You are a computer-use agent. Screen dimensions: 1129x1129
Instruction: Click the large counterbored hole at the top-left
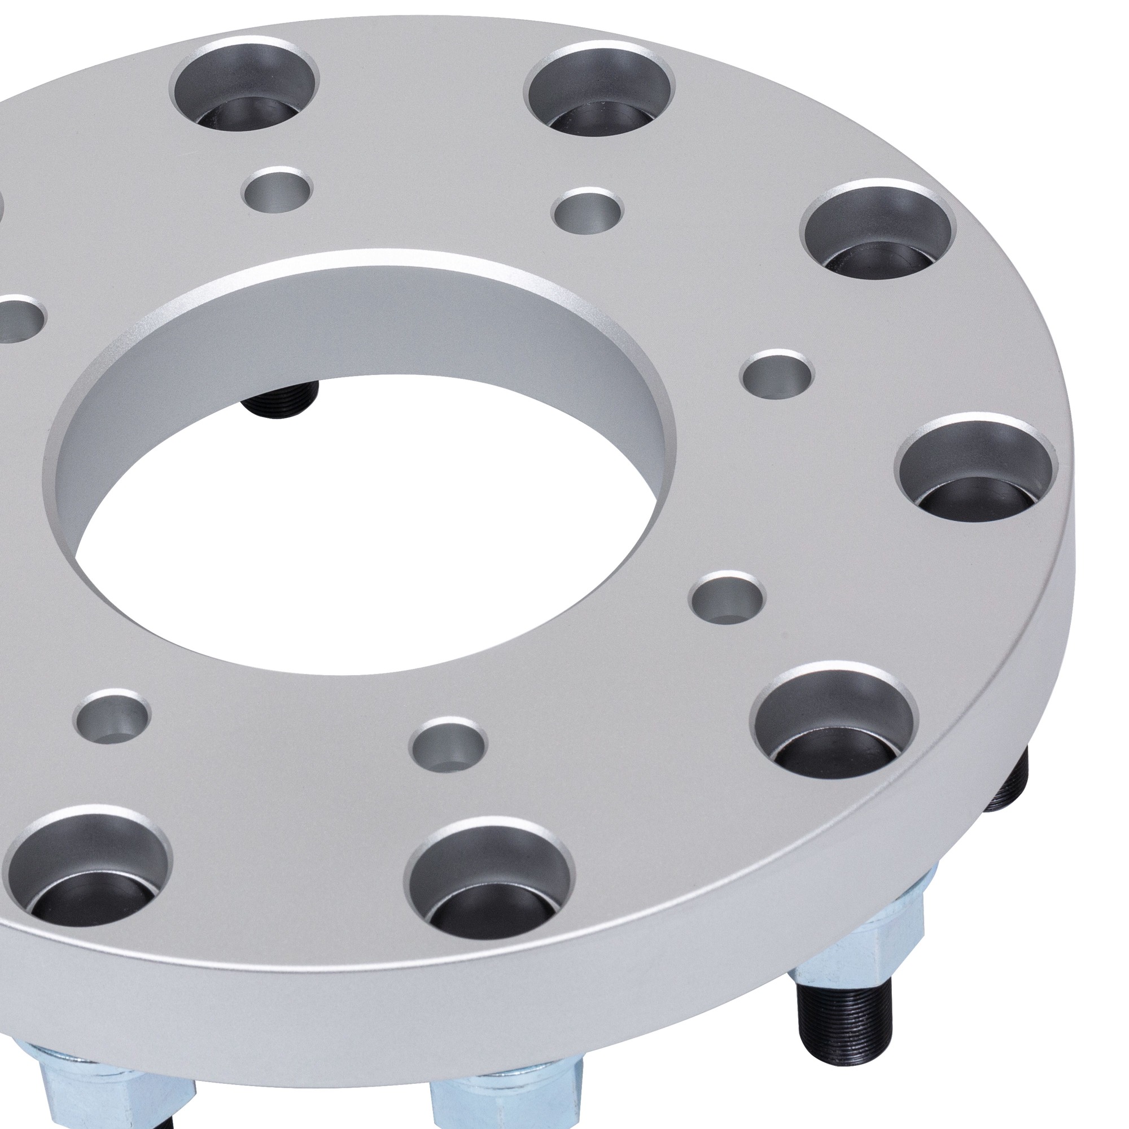point(246,94)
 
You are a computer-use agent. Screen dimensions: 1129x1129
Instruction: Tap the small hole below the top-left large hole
point(277,189)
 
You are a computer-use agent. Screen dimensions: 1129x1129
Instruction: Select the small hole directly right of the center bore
point(777,373)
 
